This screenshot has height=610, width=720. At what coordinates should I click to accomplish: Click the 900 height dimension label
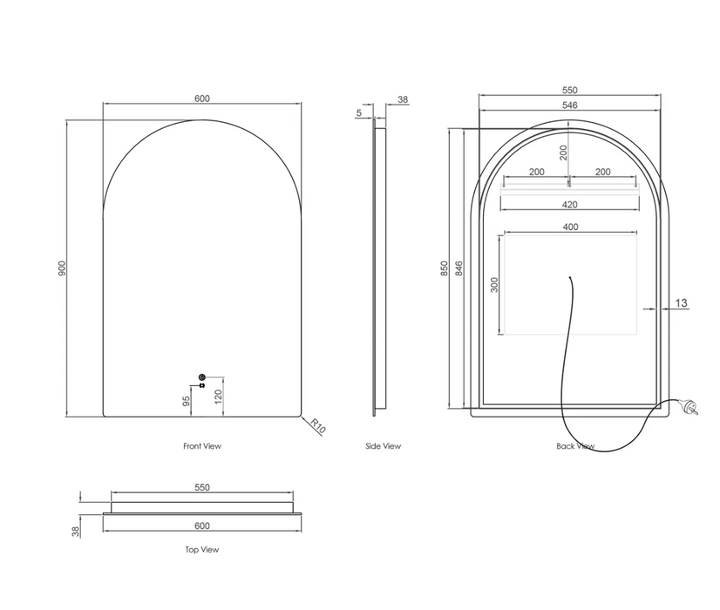[63, 268]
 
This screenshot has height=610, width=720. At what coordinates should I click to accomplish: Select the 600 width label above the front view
[202, 98]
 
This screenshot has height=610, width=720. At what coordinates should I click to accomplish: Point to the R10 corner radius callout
[318, 426]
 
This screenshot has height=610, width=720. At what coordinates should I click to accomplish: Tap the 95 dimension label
[186, 402]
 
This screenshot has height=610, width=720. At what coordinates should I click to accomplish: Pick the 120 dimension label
[218, 396]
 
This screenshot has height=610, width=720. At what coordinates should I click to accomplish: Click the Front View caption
[202, 445]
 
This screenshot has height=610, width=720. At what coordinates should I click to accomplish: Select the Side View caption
[383, 445]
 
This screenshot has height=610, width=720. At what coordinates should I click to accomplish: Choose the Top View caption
[202, 549]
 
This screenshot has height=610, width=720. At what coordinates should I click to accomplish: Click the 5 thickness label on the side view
[359, 112]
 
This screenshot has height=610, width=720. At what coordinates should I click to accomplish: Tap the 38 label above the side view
[403, 99]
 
